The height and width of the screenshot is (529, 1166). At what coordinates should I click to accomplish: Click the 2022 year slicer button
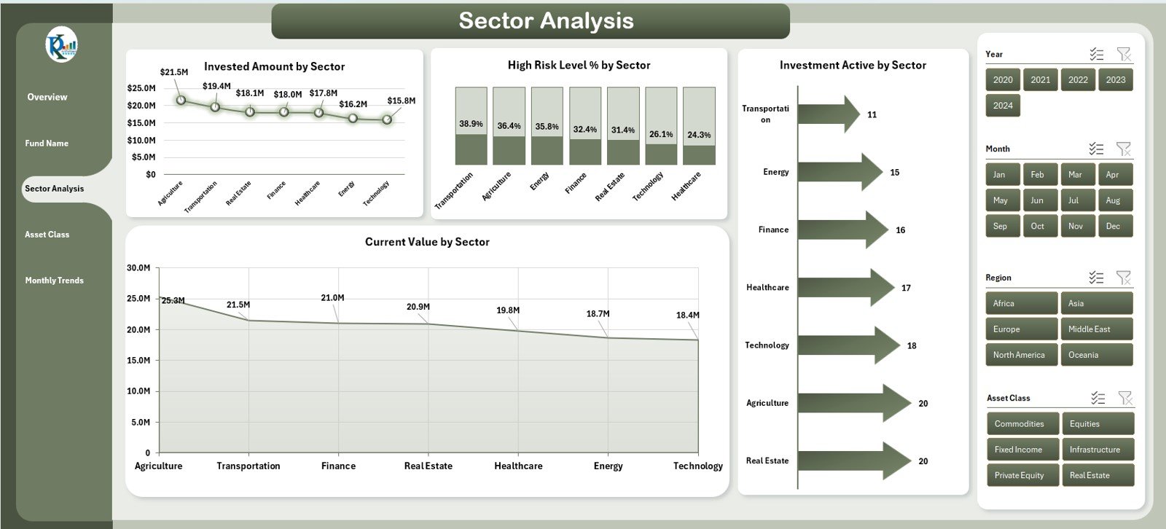pyautogui.click(x=1078, y=80)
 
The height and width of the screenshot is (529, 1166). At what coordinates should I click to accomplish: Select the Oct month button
pyautogui.click(x=1037, y=226)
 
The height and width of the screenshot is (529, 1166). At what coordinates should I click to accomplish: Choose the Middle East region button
pyautogui.click(x=1095, y=329)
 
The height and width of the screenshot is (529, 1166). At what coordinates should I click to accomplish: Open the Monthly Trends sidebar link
pyautogui.click(x=55, y=281)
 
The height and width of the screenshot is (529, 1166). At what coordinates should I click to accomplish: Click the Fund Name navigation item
pyautogui.click(x=47, y=144)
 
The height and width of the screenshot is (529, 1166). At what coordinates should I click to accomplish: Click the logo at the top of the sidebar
pyautogui.click(x=61, y=46)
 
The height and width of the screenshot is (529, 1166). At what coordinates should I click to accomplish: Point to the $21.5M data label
pyautogui.click(x=174, y=72)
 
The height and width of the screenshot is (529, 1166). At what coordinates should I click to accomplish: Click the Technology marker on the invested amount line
pyautogui.click(x=387, y=119)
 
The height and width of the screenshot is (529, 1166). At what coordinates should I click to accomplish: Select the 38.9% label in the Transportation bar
pyautogui.click(x=471, y=124)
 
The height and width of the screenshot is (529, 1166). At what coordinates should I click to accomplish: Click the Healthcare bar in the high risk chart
pyautogui.click(x=698, y=125)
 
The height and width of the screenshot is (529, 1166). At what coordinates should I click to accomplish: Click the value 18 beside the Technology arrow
pyautogui.click(x=912, y=346)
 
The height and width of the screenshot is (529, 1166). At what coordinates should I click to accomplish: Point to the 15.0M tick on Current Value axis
pyautogui.click(x=138, y=361)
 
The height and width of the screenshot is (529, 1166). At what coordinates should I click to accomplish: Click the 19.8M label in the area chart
pyautogui.click(x=508, y=310)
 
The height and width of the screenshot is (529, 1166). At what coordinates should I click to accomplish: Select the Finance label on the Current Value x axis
pyautogui.click(x=338, y=466)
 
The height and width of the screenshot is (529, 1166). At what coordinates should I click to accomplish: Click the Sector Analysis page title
pyautogui.click(x=545, y=21)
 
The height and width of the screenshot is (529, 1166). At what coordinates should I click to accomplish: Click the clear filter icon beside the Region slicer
pyautogui.click(x=1124, y=278)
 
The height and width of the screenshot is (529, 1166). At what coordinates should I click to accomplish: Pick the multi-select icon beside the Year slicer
pyautogui.click(x=1096, y=55)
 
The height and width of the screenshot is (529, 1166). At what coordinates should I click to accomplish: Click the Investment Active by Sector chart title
pyautogui.click(x=853, y=66)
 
